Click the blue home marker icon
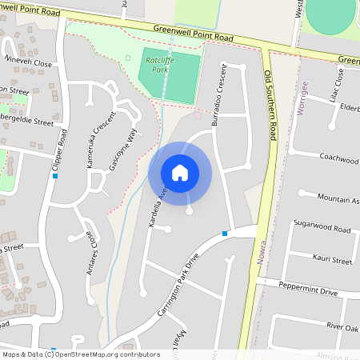point(180,173)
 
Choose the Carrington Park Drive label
point(177,284)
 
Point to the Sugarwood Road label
point(322,230)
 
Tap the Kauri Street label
point(330,261)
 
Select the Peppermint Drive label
point(308,291)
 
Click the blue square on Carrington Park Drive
point(226,234)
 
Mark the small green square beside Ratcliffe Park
point(129,58)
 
